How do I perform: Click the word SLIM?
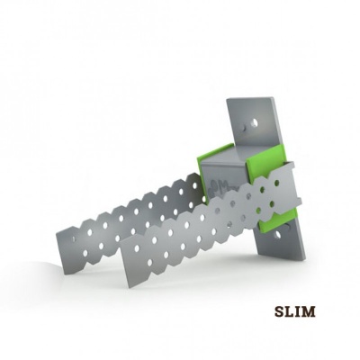(x=294, y=312)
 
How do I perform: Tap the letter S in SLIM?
(x=278, y=312)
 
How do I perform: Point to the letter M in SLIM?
(x=309, y=312)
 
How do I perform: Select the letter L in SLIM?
(x=289, y=312)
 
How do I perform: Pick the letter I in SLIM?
(x=298, y=312)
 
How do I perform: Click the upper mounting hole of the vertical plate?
(x=255, y=122)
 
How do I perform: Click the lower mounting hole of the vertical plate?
(x=277, y=234)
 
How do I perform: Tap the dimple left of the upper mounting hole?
(x=246, y=128)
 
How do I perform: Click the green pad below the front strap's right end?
(x=278, y=220)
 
